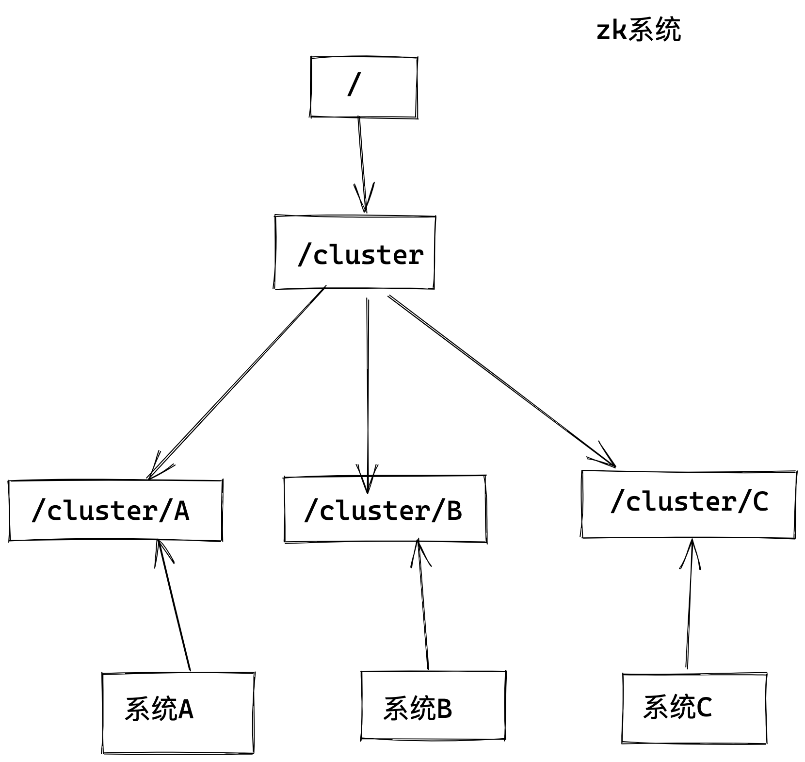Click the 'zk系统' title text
638,30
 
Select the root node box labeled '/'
364,87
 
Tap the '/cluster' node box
354,252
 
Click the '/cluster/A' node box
115,511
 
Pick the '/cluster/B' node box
385,510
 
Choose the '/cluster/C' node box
689,504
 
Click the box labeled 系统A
177,712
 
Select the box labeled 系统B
433,706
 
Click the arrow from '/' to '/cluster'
362,160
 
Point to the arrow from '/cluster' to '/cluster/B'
368,388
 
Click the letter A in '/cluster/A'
181,511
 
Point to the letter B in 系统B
444,709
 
